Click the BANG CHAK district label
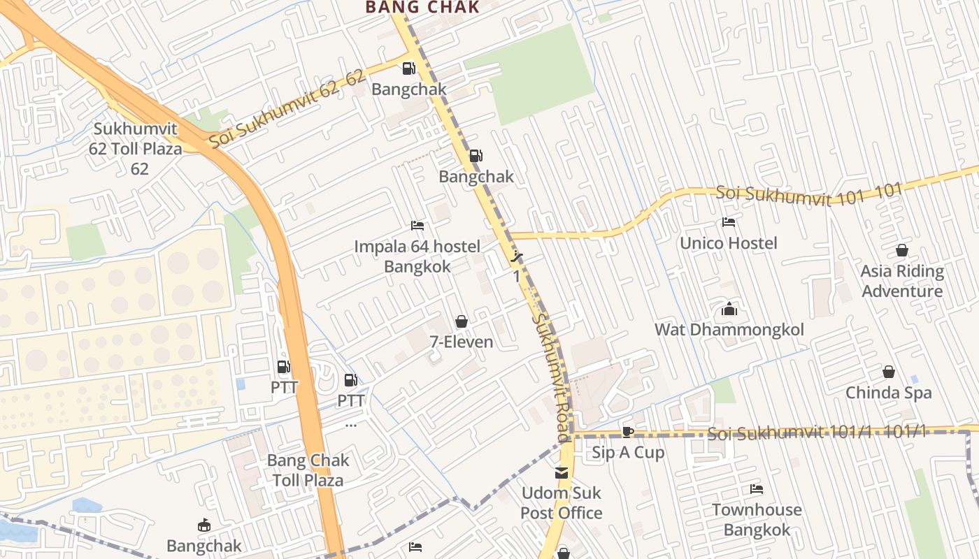[422, 8]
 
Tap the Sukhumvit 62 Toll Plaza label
[135, 148]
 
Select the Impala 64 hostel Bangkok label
[417, 256]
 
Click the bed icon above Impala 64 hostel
[417, 226]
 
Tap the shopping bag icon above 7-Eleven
[462, 321]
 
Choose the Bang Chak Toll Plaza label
[308, 470]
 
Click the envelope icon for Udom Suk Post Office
[562, 473]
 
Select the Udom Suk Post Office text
[562, 503]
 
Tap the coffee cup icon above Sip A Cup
[628, 432]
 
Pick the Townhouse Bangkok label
[757, 519]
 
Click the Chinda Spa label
[888, 393]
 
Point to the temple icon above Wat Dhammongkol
[729, 309]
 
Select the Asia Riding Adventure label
[902, 281]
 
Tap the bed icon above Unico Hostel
[729, 223]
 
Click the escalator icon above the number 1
[517, 256]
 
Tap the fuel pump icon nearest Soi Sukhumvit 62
[408, 68]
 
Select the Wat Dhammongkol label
[729, 330]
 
